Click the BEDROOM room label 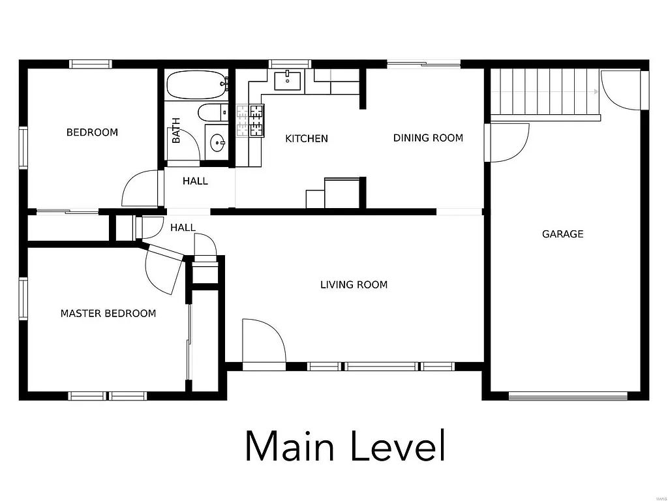point(92,132)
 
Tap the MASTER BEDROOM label point(108,313)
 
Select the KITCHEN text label point(307,138)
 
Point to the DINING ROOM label point(428,138)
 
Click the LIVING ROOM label point(354,284)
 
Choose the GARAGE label point(562,234)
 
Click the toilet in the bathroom point(213,112)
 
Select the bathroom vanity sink point(217,141)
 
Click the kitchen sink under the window point(287,82)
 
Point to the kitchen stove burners point(251,121)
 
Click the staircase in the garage point(545,92)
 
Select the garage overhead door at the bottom point(568,395)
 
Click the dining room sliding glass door point(424,64)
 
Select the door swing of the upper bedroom point(140,189)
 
